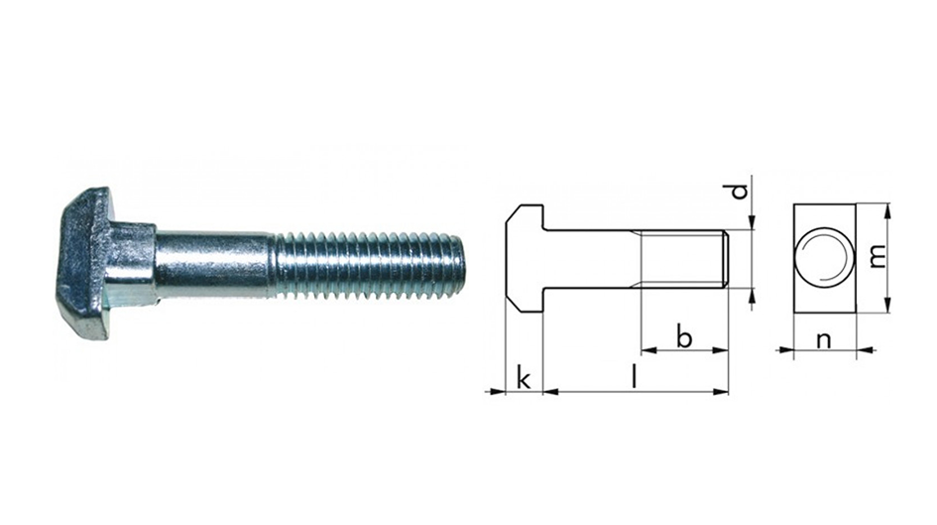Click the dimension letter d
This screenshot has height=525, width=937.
[x=739, y=191]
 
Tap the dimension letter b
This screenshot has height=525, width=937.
[x=684, y=335]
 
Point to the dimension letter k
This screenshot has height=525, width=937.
[x=524, y=378]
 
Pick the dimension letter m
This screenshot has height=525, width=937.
[x=876, y=256]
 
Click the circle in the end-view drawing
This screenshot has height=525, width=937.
[x=826, y=255]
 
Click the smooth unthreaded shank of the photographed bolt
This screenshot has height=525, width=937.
[x=213, y=265]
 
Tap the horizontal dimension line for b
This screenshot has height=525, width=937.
[x=684, y=350]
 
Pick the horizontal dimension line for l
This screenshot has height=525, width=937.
[x=635, y=392]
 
